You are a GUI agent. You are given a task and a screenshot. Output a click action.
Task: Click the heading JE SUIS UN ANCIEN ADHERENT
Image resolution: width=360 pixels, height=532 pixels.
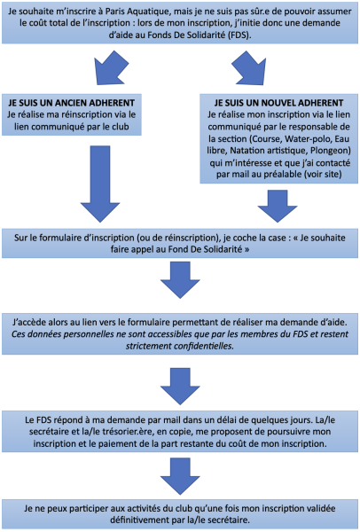tap(71, 103)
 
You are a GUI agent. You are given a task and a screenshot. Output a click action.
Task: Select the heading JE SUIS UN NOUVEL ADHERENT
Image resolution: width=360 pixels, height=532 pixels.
tap(278, 103)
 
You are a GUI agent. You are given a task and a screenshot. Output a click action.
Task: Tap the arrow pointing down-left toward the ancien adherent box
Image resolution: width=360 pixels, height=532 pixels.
tap(111, 67)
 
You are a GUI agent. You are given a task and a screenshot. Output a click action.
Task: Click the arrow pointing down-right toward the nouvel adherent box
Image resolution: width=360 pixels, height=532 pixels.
tap(249, 67)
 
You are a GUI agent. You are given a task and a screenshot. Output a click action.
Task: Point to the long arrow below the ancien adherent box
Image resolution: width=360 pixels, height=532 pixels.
tap(100, 184)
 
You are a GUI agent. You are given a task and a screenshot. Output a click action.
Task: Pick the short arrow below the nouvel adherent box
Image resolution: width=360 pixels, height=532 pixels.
tap(278, 206)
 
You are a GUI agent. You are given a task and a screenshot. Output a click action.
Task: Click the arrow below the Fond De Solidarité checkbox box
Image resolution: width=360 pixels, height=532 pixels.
tap(180, 280)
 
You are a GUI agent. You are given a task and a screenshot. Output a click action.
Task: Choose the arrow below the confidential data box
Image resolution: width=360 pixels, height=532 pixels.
tap(180, 386)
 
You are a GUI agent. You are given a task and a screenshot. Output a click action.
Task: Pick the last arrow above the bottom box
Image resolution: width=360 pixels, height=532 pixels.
tap(180, 476)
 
